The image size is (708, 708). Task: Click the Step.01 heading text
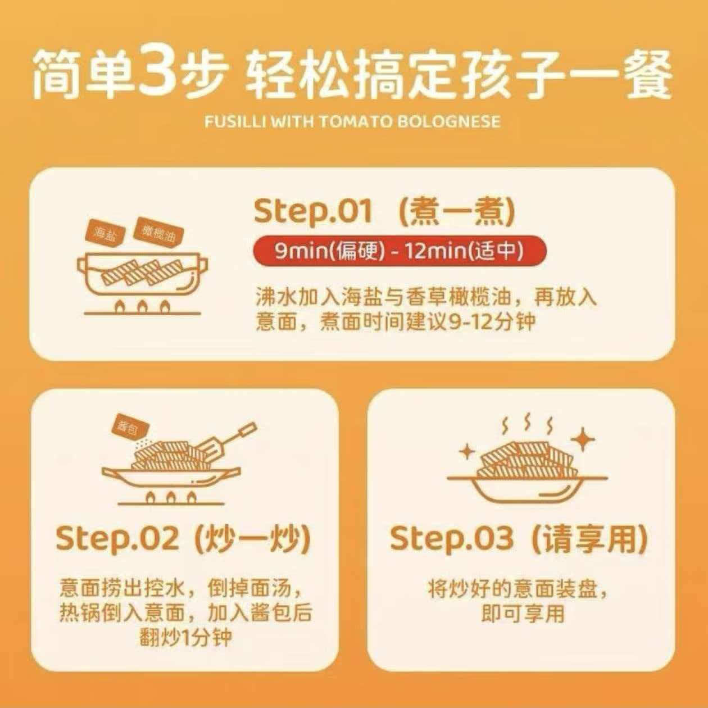coord(313,212)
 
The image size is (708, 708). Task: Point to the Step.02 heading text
coord(117,539)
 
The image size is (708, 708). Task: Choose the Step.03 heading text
coord(451,539)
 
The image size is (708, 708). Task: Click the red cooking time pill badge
coord(400,251)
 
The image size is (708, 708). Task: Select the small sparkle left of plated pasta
coord(468,452)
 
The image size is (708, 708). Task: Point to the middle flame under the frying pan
coord(170,498)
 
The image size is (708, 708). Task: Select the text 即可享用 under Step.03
coord(523,613)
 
